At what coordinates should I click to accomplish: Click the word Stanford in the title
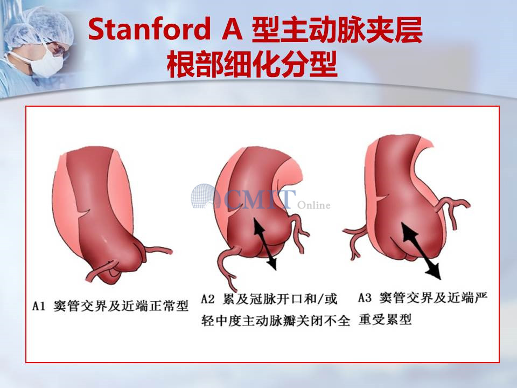[149, 29]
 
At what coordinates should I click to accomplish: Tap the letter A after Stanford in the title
[233, 29]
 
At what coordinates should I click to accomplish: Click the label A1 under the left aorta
[38, 306]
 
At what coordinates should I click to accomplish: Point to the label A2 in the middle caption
[208, 299]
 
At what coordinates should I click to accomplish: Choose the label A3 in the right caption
[365, 298]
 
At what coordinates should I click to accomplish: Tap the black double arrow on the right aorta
[421, 250]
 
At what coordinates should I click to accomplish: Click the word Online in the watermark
[313, 205]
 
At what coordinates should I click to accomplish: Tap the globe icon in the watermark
[204, 197]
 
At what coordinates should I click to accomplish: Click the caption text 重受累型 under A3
[385, 320]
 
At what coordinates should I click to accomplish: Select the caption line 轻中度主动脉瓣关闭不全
[276, 320]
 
